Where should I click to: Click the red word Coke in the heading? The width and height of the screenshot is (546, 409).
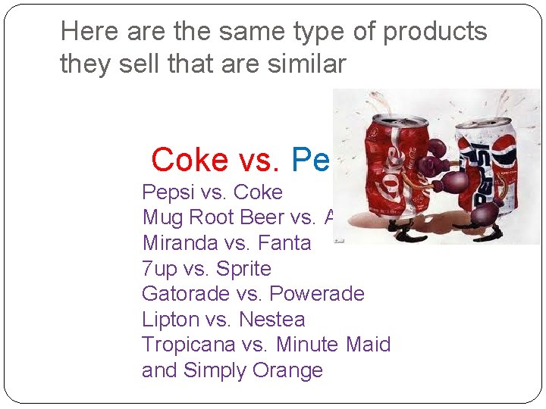190,160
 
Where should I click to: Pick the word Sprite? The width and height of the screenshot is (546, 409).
245,269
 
